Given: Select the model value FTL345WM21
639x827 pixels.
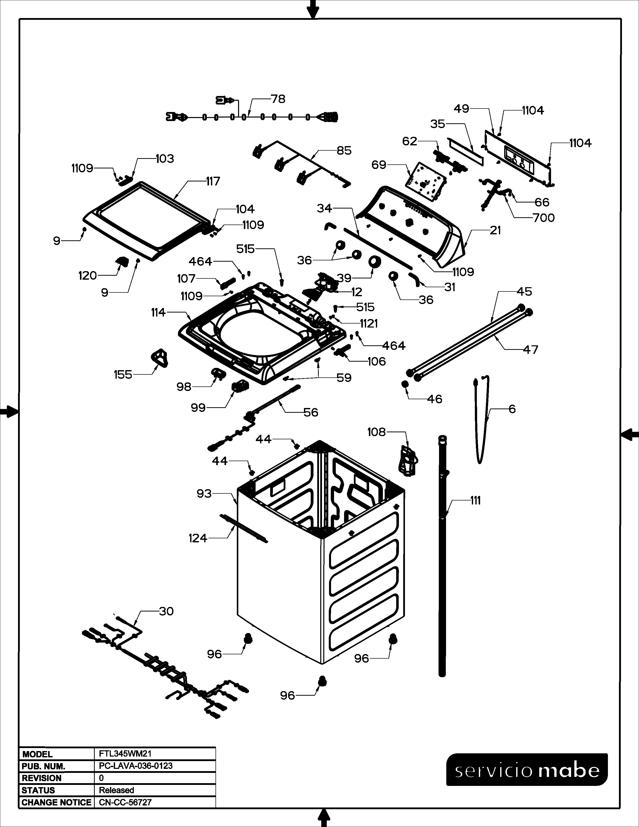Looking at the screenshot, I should point(125,754).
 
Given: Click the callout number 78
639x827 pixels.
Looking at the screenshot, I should point(278,99).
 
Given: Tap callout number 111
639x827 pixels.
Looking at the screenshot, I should point(475,501).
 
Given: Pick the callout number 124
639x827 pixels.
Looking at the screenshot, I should point(198,538).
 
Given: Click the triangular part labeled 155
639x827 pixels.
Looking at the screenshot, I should point(159,357).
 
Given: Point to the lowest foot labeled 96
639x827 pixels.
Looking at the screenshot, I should point(322,680).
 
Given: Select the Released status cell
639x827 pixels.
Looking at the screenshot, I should point(117,790).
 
